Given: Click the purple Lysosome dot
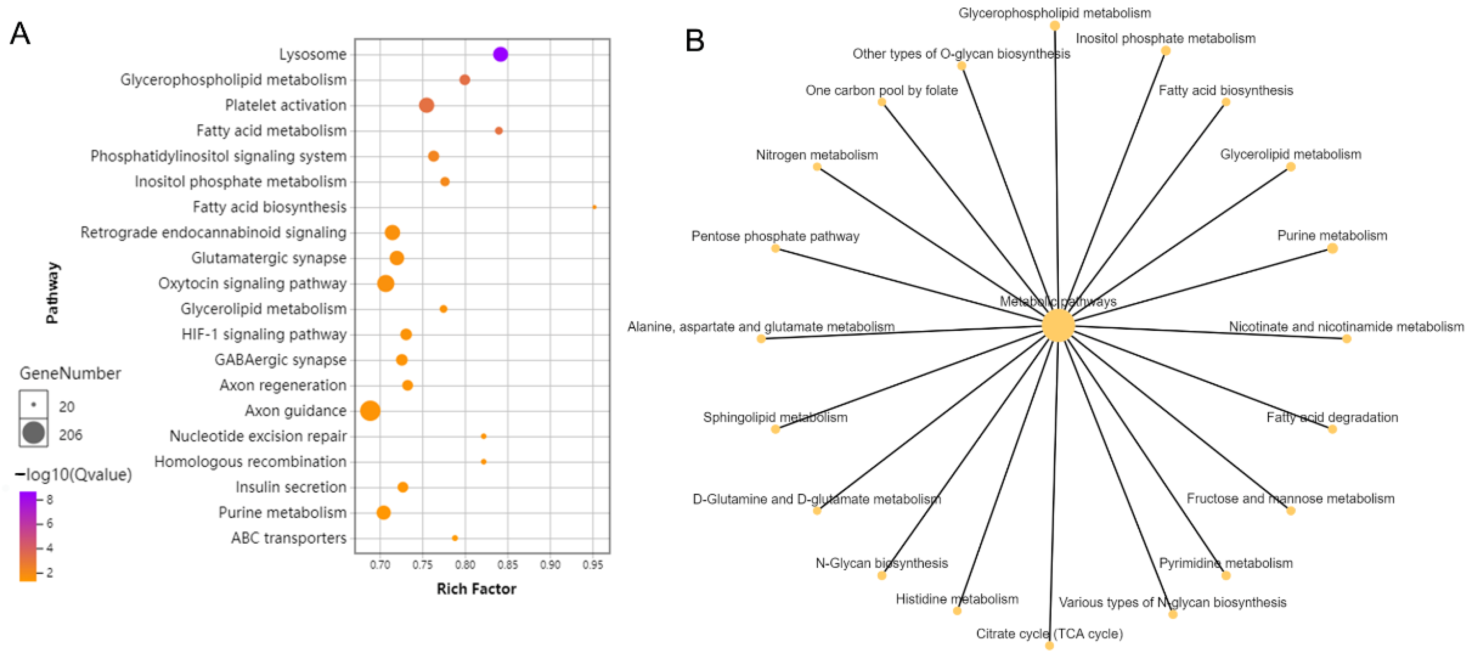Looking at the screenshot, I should [500, 54].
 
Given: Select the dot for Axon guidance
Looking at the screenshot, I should [370, 410].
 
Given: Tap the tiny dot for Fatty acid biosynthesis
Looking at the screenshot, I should [594, 207].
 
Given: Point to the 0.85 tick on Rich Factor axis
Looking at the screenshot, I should [508, 565].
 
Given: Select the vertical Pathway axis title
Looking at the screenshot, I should [52, 293].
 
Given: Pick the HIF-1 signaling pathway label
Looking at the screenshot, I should [264, 334].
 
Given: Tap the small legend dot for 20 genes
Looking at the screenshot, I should [34, 405].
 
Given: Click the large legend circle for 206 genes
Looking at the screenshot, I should [34, 433].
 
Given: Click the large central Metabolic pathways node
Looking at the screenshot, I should [1058, 326].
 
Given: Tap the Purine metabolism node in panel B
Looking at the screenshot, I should [1332, 248].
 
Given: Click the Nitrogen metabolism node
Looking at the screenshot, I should [817, 167].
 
